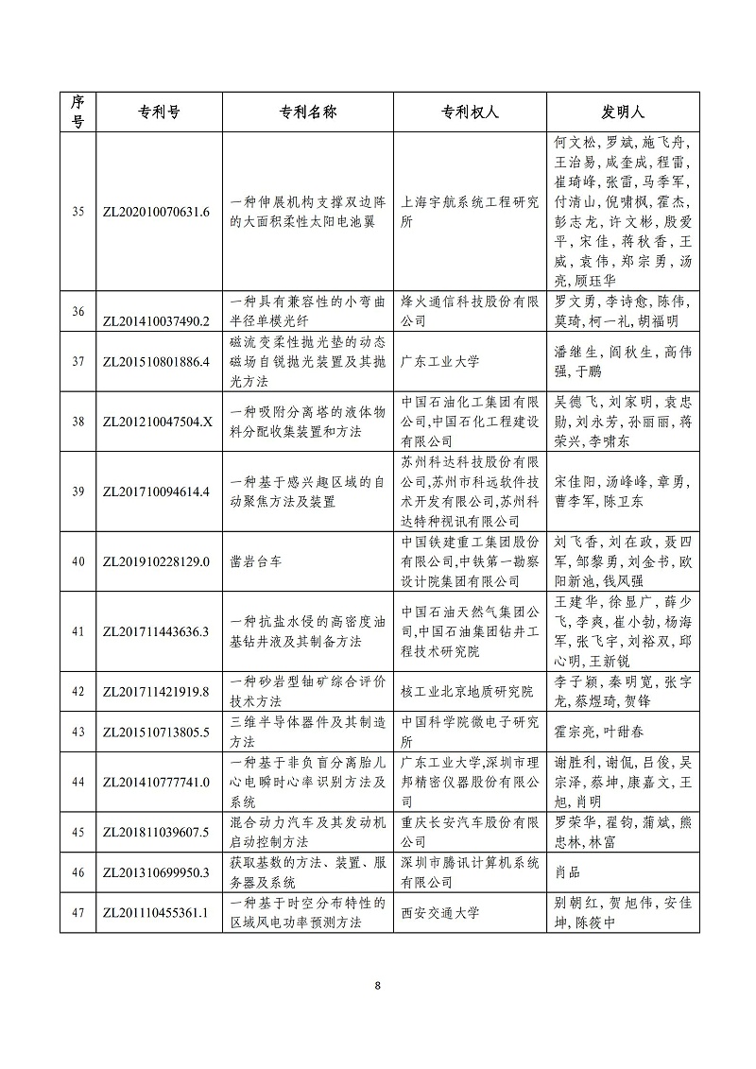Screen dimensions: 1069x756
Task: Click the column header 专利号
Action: (x=155, y=112)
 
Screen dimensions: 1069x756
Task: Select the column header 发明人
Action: (x=623, y=112)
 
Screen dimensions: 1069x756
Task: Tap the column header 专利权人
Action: (x=470, y=112)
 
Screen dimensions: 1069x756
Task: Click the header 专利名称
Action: (x=307, y=112)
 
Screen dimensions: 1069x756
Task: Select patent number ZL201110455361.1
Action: (x=155, y=913)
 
